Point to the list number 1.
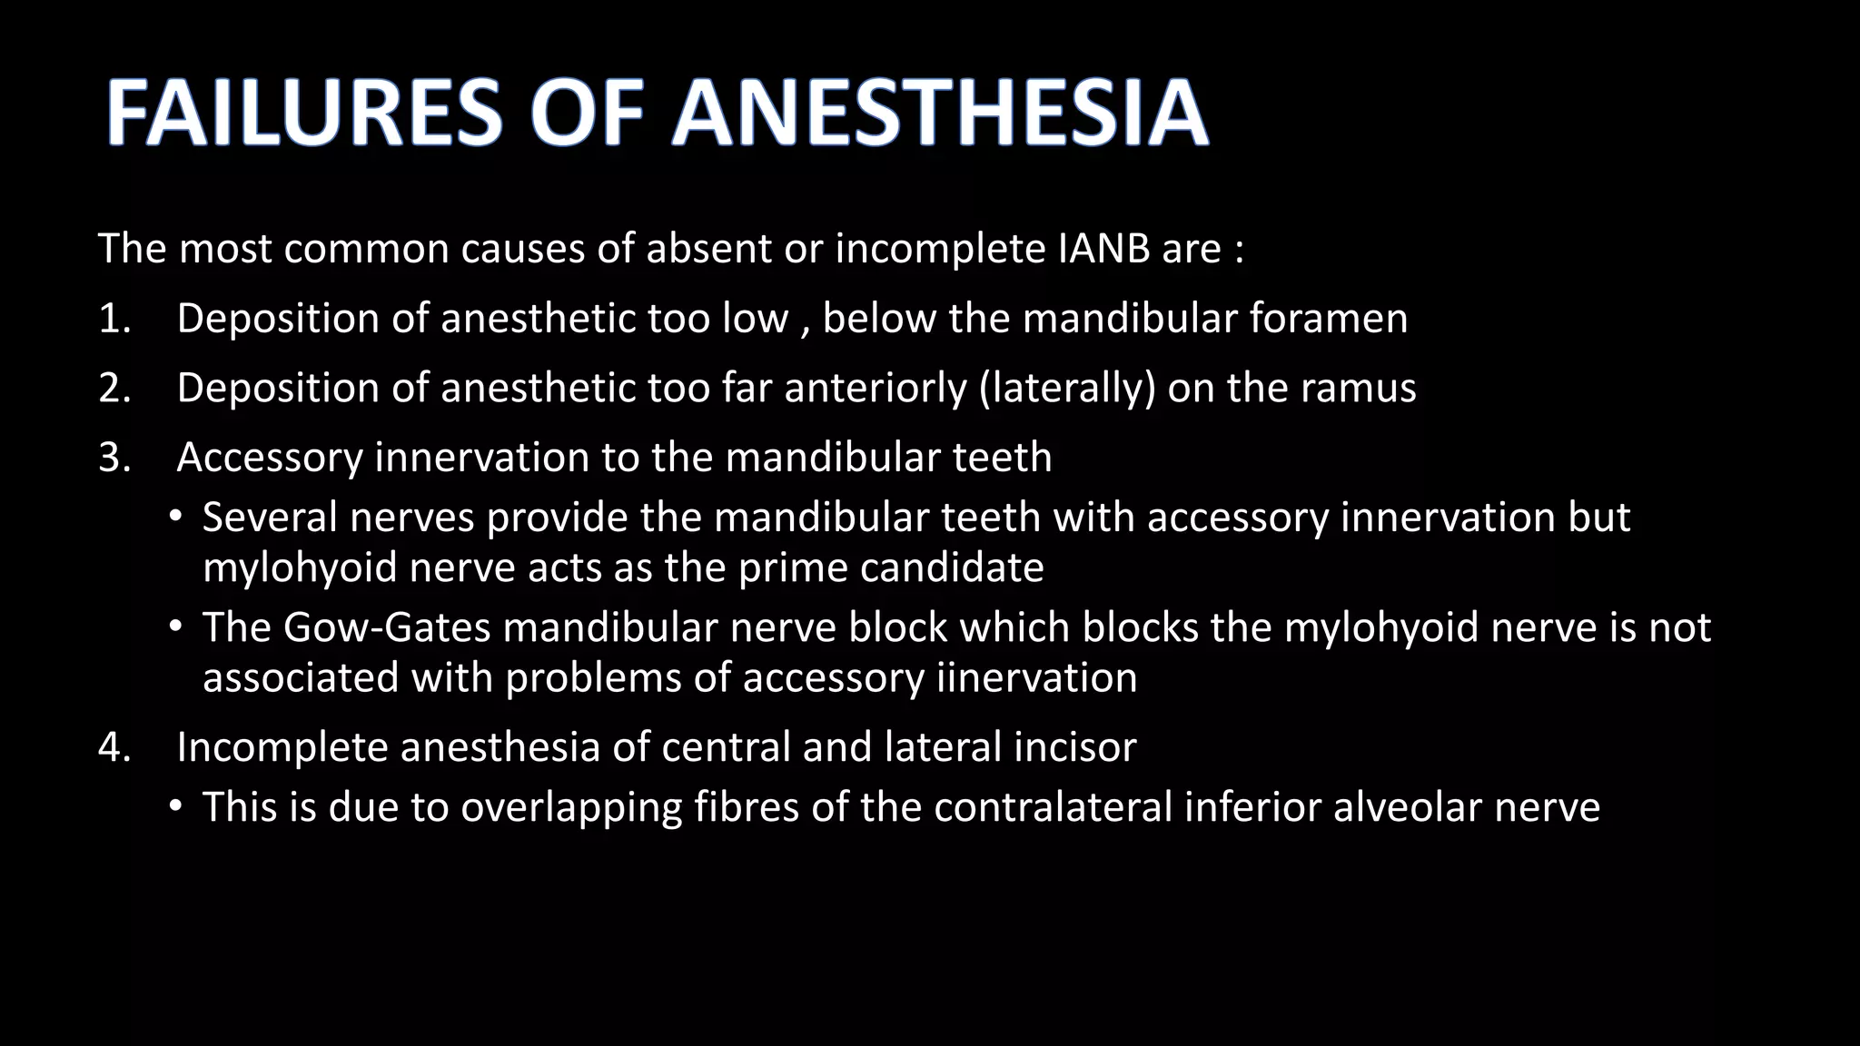tap(113, 319)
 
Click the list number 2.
tap(114, 388)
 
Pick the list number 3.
tap(114, 457)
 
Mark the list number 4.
tap(114, 747)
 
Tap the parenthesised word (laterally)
tap(1068, 388)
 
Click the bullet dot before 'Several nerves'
tap(175, 518)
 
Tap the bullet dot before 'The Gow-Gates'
tap(175, 627)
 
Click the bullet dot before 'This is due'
tap(175, 807)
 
